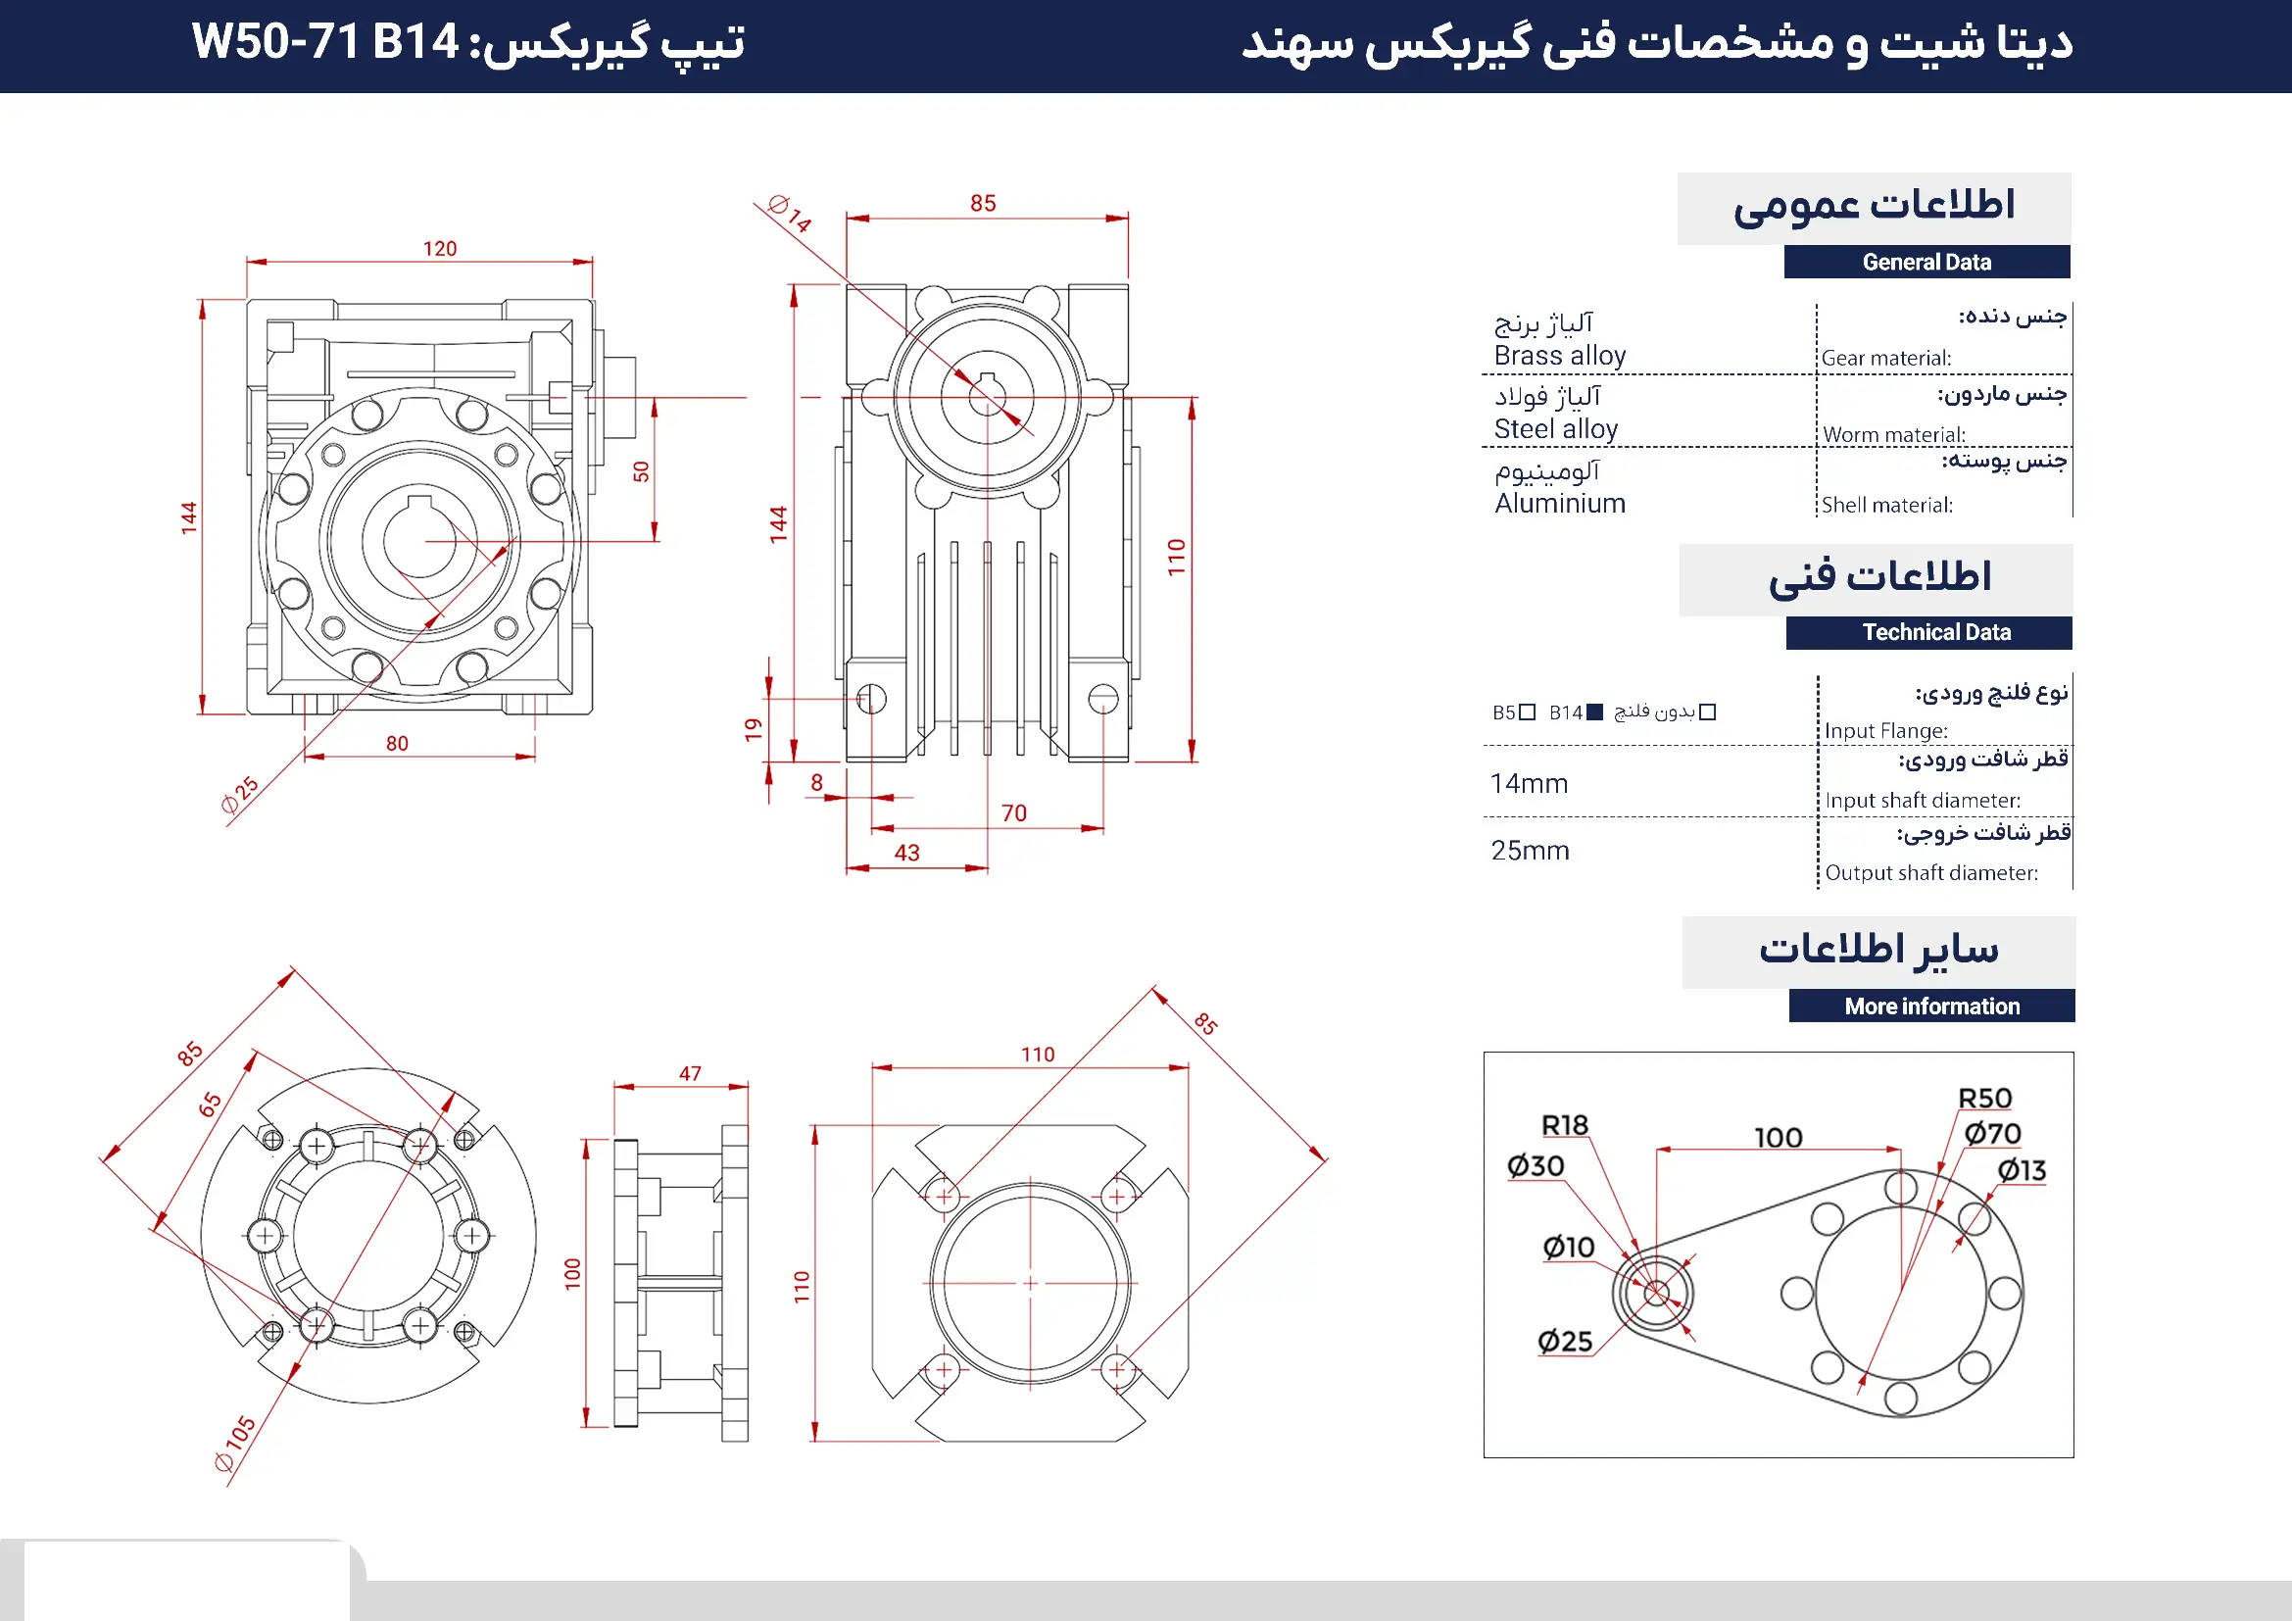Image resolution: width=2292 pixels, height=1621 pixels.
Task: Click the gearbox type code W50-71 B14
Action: (x=325, y=43)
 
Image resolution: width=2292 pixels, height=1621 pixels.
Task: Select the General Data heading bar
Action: (x=1926, y=263)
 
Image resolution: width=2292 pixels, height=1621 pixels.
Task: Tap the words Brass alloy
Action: (x=1559, y=357)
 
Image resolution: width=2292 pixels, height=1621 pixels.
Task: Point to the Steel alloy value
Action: (x=1555, y=430)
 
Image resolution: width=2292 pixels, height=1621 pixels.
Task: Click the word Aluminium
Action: (x=1559, y=504)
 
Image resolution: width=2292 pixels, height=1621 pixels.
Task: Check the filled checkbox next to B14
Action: (x=1594, y=712)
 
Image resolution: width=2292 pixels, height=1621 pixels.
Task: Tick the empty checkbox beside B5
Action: (x=1527, y=712)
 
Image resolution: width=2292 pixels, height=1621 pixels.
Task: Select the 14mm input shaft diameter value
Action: (x=1529, y=785)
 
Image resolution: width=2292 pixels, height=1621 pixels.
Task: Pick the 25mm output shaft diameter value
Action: (x=1530, y=852)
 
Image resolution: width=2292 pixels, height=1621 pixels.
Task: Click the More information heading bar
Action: (x=1930, y=1007)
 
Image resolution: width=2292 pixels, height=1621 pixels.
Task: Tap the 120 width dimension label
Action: (x=439, y=249)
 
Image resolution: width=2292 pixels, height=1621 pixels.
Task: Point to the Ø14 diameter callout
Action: (x=790, y=213)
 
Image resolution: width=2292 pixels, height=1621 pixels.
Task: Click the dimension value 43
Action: (x=906, y=854)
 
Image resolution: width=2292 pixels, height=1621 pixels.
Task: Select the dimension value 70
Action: (x=1013, y=813)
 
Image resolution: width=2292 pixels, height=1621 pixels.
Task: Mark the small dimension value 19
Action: (x=754, y=730)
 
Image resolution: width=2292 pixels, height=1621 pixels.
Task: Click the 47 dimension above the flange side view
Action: (x=690, y=1074)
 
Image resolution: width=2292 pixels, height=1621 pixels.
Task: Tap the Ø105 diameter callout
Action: (x=235, y=1444)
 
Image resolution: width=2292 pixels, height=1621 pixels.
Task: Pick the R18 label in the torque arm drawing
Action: (x=1564, y=1126)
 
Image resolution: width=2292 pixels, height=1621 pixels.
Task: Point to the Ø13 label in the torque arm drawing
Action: (x=2022, y=1170)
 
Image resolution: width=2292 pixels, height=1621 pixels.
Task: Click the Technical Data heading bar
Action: (x=1935, y=633)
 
